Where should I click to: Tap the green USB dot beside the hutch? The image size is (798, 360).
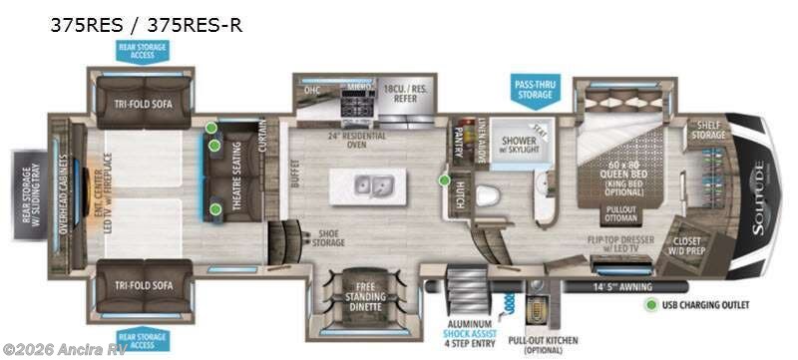pyautogui.click(x=443, y=180)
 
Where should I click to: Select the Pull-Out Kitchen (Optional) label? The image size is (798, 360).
pyautogui.click(x=546, y=345)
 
